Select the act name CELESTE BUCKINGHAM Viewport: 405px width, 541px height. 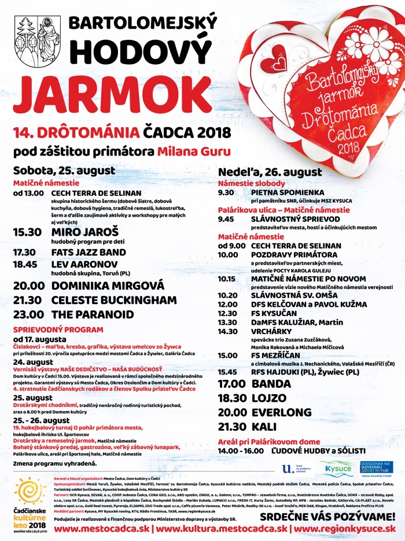114,301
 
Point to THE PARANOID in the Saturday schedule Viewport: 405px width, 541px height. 93,315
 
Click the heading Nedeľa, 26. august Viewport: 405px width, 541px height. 270,172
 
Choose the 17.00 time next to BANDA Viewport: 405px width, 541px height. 232,384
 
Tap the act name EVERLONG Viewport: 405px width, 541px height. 281,413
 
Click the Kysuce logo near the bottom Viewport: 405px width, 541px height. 338,469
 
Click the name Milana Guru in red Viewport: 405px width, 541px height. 194,152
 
